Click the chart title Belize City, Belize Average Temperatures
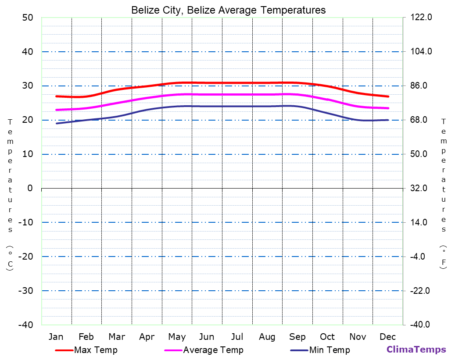(x=228, y=10)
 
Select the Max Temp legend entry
(x=96, y=350)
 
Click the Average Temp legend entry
(x=213, y=350)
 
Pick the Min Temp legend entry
(x=329, y=350)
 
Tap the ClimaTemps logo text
(x=416, y=349)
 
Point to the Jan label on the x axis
(x=56, y=337)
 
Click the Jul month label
(x=237, y=337)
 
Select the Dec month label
(x=387, y=337)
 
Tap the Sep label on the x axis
(x=297, y=337)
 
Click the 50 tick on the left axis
(x=27, y=18)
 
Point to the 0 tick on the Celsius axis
(x=30, y=188)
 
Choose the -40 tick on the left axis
(x=25, y=325)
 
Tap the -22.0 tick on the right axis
(x=420, y=291)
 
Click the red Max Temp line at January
(x=57, y=96)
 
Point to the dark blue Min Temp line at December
(x=388, y=120)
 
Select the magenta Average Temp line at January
(x=57, y=110)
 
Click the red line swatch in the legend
(x=64, y=350)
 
